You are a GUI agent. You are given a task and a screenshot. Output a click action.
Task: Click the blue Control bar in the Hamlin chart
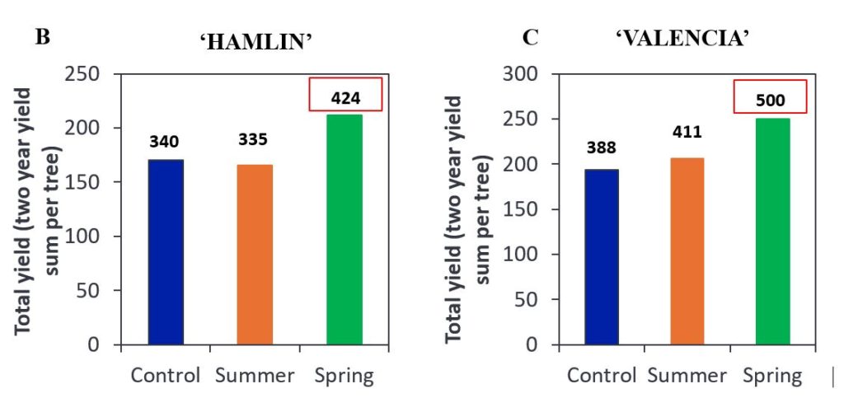click(166, 252)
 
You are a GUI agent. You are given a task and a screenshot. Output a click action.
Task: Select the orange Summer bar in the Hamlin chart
click(255, 255)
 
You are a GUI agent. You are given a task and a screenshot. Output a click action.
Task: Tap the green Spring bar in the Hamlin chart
click(344, 230)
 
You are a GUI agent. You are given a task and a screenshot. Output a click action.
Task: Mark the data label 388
click(601, 147)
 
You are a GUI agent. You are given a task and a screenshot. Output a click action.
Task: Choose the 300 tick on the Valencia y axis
click(520, 74)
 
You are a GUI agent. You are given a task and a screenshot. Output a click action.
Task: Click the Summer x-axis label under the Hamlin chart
click(255, 376)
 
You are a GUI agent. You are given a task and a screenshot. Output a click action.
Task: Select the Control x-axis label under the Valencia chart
click(602, 376)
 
